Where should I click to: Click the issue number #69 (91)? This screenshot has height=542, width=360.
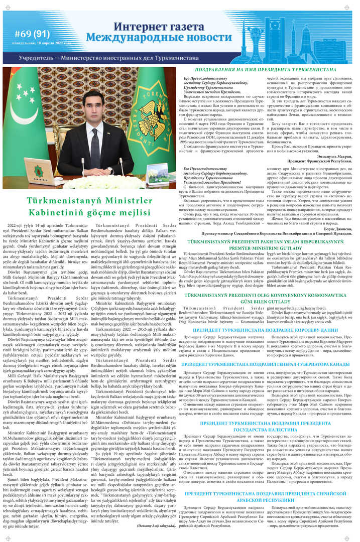[x=32, y=34]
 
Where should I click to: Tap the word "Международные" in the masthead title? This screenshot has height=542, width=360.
[x=130, y=38]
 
